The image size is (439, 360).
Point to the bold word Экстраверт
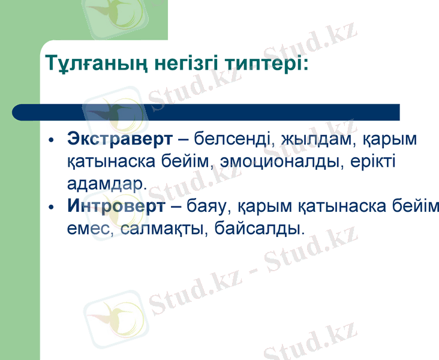click(119, 140)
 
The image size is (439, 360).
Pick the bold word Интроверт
click(116, 207)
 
